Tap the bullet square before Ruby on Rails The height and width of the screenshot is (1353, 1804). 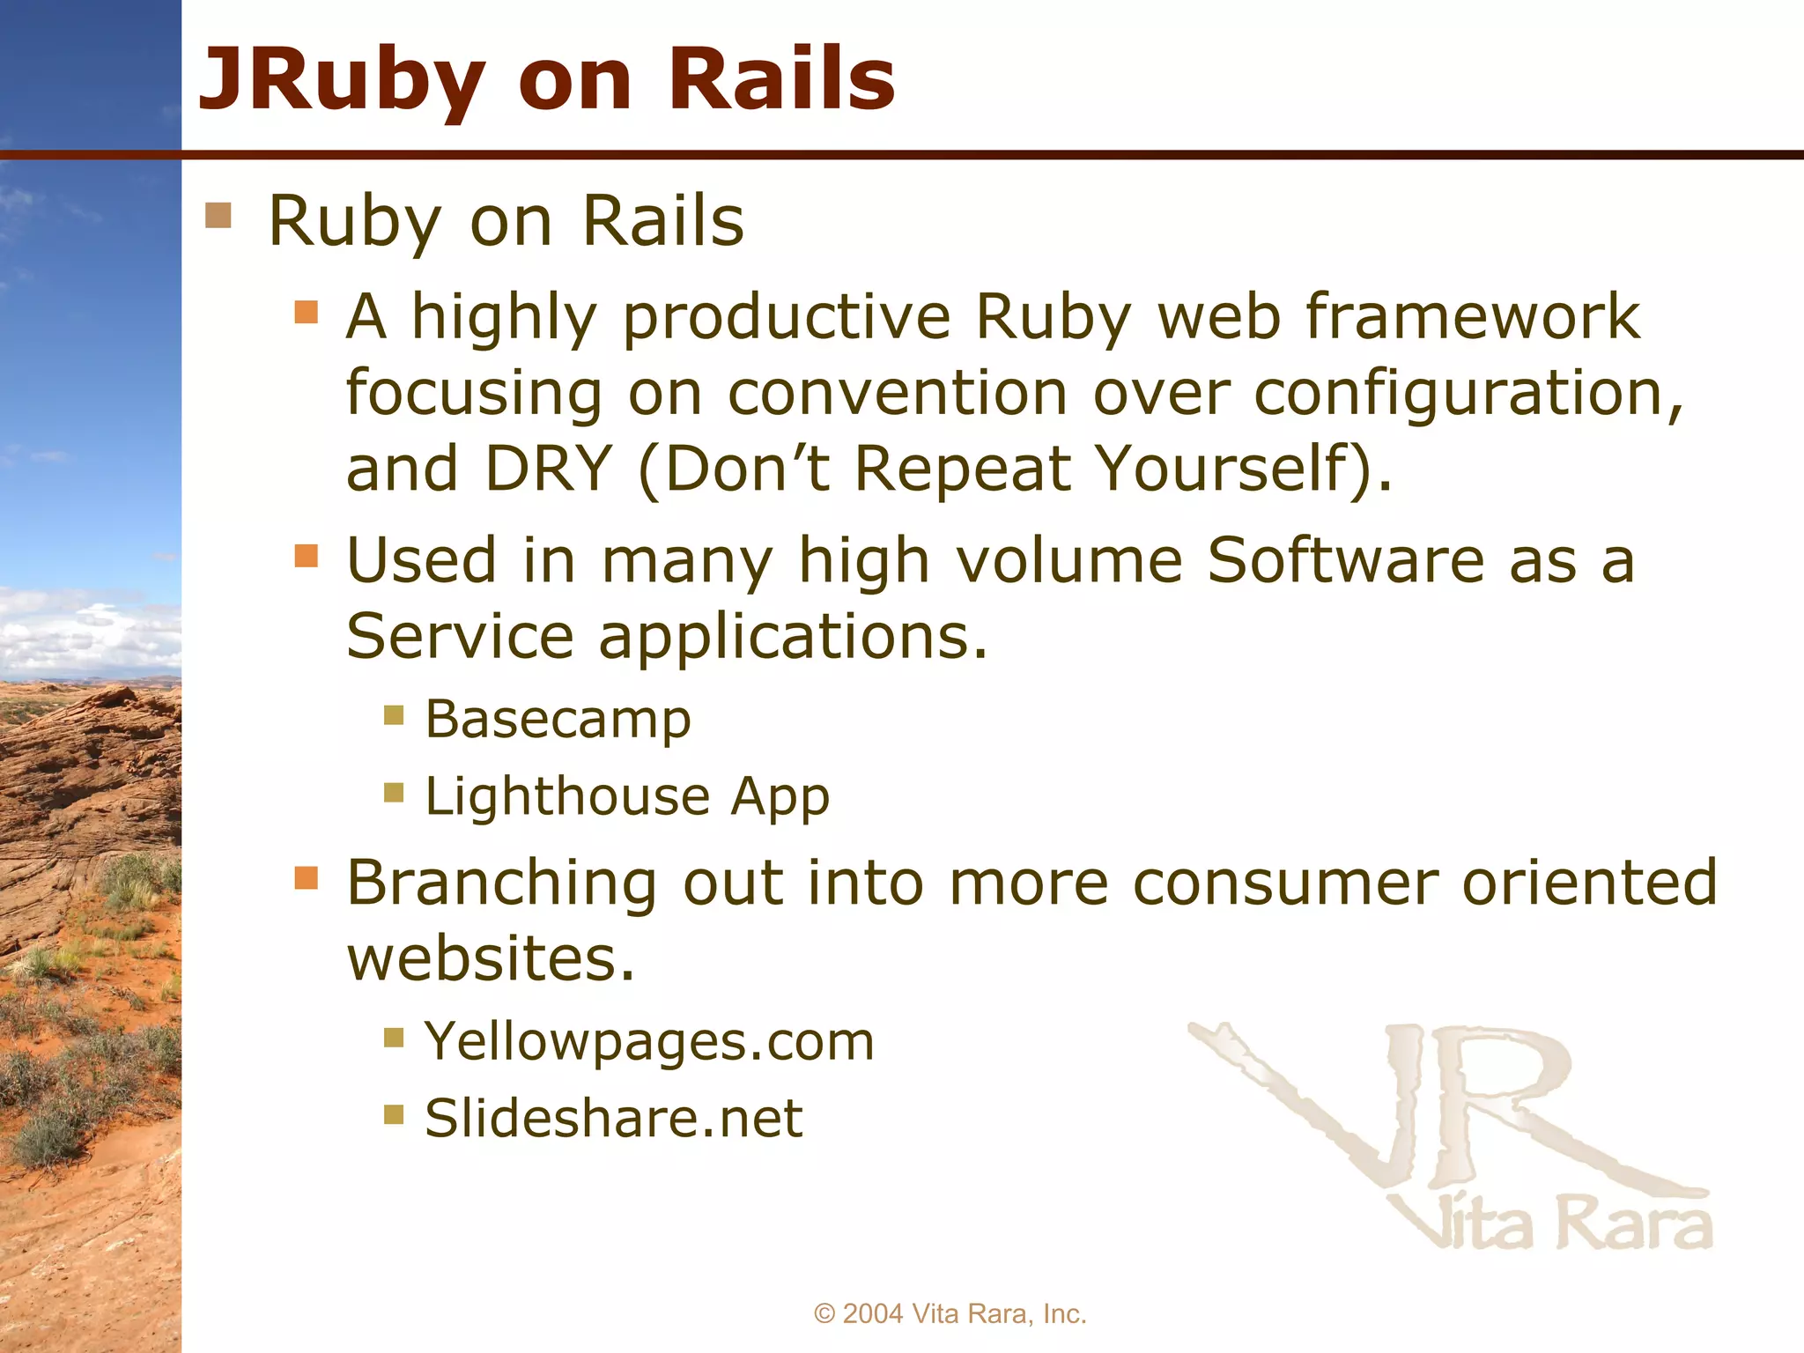[x=218, y=216]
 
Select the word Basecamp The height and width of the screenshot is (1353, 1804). [x=558, y=720]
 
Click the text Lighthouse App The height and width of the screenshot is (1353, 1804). [x=626, y=797]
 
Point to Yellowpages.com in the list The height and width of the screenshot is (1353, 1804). [x=649, y=1041]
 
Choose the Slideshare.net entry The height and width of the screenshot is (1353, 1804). [x=613, y=1119]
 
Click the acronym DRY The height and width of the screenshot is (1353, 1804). [x=548, y=469]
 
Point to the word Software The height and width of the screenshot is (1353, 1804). [x=1345, y=560]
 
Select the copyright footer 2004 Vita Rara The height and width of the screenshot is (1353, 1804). [x=950, y=1313]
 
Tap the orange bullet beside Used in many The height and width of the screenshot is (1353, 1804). [x=306, y=556]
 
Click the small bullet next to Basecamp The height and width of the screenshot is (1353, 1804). [x=394, y=714]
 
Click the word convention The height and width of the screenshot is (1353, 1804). [x=897, y=393]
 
